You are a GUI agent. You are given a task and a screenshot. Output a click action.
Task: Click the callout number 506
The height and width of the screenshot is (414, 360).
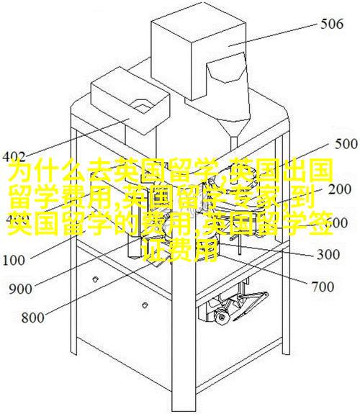click(x=332, y=24)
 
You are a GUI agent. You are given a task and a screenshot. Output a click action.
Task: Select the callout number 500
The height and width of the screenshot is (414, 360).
click(x=346, y=144)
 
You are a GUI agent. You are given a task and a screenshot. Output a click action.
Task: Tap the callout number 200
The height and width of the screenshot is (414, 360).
click(x=340, y=189)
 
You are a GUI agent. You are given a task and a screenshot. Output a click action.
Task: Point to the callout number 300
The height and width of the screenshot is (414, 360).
click(x=328, y=254)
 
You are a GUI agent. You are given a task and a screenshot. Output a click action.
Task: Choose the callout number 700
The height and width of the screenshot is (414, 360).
click(x=323, y=287)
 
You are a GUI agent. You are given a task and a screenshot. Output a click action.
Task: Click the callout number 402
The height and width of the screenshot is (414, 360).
click(x=14, y=157)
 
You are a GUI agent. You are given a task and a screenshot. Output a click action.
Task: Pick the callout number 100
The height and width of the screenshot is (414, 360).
click(x=14, y=260)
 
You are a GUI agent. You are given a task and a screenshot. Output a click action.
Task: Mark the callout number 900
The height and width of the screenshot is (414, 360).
click(x=20, y=289)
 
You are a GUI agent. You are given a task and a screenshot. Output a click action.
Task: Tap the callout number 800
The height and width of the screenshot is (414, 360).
click(x=32, y=317)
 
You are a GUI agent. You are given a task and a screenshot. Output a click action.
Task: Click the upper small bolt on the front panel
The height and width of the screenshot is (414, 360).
click(x=95, y=279)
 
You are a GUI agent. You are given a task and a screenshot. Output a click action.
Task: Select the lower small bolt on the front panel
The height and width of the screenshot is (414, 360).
click(x=144, y=305)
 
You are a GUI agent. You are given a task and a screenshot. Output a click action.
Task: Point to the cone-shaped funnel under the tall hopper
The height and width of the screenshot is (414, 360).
click(x=233, y=126)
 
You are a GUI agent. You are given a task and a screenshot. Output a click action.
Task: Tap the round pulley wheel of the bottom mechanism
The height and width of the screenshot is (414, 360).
click(x=221, y=317)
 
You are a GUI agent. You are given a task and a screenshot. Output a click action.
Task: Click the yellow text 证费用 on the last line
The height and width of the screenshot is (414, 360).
click(x=181, y=251)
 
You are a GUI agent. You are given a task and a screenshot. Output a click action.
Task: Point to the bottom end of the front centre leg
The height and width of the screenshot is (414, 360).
click(x=183, y=410)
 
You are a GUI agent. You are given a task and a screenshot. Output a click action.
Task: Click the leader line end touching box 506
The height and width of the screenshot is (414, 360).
click(x=229, y=46)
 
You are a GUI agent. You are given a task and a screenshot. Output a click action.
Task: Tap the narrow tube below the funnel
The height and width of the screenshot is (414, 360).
click(x=234, y=143)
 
